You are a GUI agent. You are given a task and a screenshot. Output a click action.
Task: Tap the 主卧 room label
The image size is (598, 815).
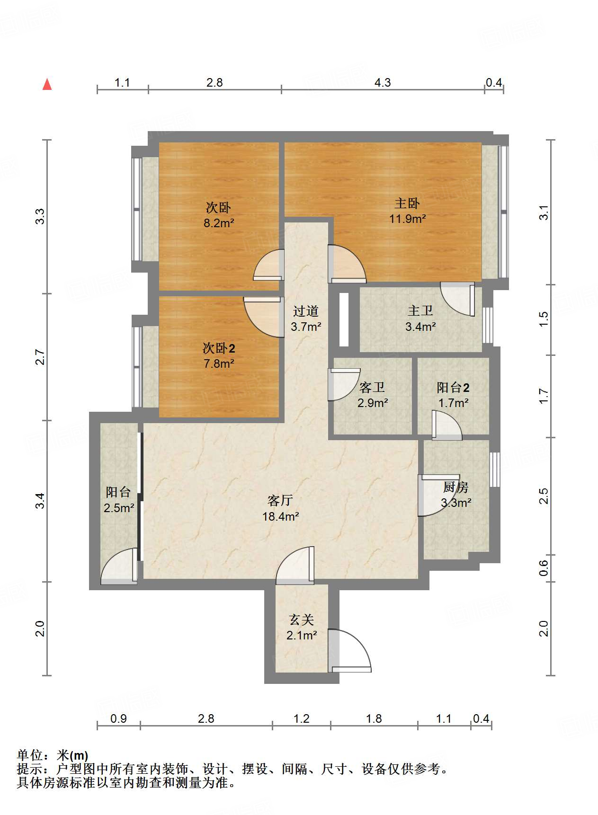(407, 204)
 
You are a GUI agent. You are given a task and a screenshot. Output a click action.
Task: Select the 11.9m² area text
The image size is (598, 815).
(407, 219)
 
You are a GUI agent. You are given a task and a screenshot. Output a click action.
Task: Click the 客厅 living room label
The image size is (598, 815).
(280, 500)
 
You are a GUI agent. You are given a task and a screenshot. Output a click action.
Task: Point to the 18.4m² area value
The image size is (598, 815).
(280, 516)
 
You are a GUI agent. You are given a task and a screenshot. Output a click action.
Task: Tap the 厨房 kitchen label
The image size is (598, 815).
(455, 487)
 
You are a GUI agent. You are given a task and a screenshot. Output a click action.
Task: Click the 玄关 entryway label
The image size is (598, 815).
(302, 620)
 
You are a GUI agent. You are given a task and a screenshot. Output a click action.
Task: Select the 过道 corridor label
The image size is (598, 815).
(305, 311)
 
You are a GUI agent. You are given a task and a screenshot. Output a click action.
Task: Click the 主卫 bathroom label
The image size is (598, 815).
(420, 310)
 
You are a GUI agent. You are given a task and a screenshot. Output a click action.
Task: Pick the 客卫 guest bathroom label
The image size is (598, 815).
(372, 387)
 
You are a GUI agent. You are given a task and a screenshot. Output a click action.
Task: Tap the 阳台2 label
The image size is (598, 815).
(453, 388)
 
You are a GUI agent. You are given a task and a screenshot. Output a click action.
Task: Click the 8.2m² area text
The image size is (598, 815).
(219, 222)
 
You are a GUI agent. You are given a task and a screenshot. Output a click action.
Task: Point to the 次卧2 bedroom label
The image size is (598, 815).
(219, 348)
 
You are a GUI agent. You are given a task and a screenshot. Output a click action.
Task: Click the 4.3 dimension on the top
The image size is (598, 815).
(383, 83)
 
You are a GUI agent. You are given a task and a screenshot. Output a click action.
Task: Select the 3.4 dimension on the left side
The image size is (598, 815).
(41, 501)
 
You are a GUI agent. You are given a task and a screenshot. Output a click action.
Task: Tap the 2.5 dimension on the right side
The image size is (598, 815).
(544, 496)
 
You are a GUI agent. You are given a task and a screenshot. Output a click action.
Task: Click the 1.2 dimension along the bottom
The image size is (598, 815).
(301, 719)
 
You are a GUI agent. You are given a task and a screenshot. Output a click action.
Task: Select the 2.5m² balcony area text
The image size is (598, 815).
(119, 508)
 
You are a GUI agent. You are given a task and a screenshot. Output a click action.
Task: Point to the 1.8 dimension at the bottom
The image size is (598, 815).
(374, 719)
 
